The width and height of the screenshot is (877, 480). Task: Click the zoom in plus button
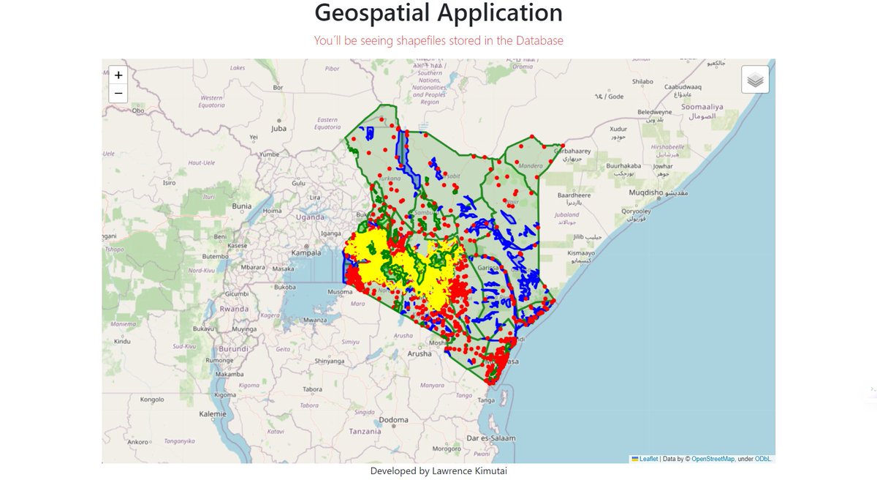tap(118, 75)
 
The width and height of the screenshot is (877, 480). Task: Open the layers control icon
tap(755, 80)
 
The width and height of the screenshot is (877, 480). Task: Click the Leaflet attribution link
tap(648, 459)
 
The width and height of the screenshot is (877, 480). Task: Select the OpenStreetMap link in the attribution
tap(713, 459)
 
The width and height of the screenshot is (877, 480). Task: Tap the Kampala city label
tap(306, 253)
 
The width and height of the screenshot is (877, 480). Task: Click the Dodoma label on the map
tap(393, 420)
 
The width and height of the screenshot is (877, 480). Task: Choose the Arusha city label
tap(419, 353)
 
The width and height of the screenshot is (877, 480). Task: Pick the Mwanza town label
tap(316, 320)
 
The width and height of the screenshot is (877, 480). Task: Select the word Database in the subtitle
tap(539, 41)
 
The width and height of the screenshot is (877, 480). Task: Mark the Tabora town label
tap(313, 389)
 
